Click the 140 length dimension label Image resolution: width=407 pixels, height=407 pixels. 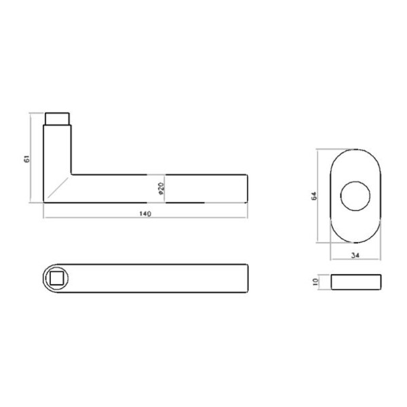point(144,214)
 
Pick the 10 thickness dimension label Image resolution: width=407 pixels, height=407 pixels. point(316,282)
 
